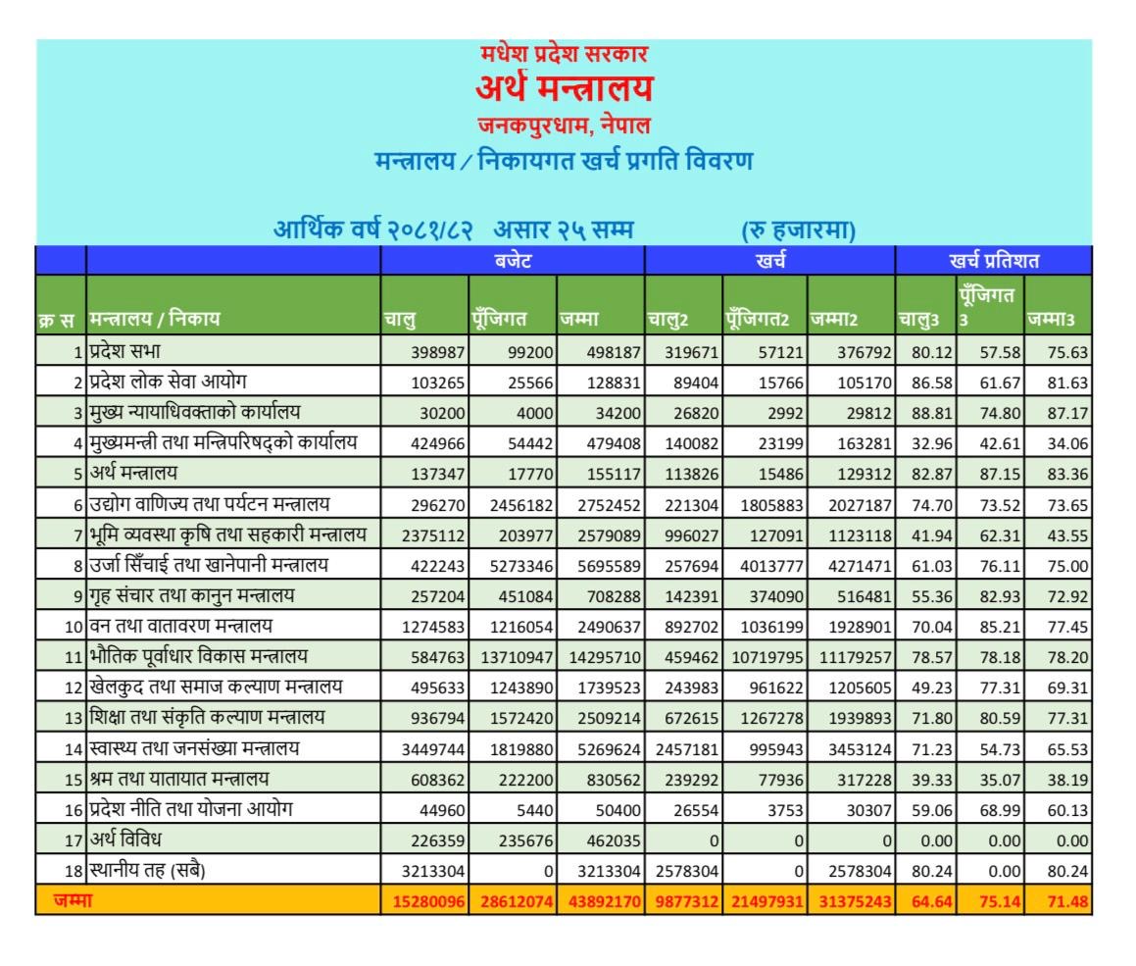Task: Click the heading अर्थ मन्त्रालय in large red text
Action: [x=564, y=89]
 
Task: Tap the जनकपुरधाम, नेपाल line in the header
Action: [x=564, y=126]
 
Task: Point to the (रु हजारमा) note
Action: [x=799, y=231]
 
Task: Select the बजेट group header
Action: [x=512, y=261]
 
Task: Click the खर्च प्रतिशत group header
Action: [x=993, y=261]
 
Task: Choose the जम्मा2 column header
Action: [x=834, y=319]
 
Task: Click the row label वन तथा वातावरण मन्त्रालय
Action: [x=180, y=626]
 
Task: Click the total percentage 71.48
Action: [x=1067, y=901]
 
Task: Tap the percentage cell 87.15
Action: [x=996, y=473]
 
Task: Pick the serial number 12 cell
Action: [x=72, y=687]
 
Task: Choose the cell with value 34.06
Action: [x=1067, y=442]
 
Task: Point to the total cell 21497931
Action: [x=766, y=901]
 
